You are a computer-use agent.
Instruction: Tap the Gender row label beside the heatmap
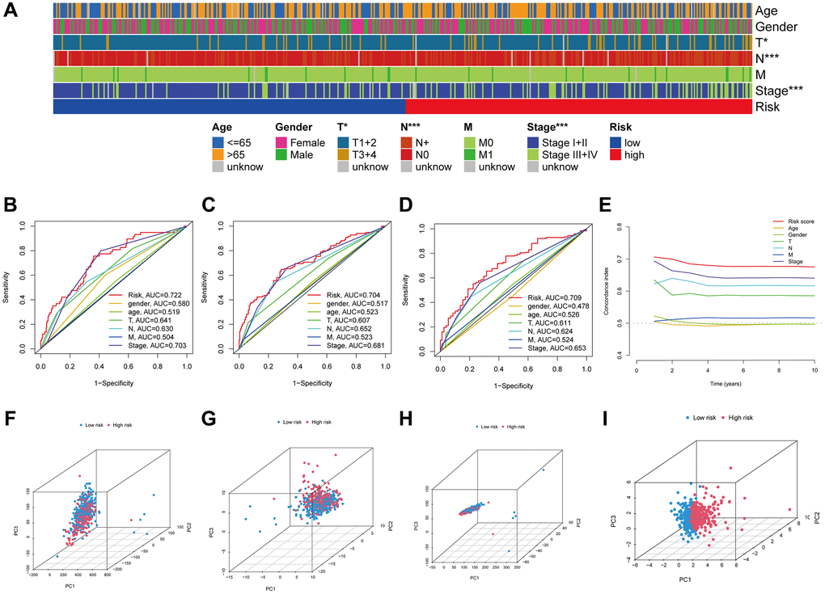click(777, 27)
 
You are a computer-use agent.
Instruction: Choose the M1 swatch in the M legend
click(472, 154)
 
